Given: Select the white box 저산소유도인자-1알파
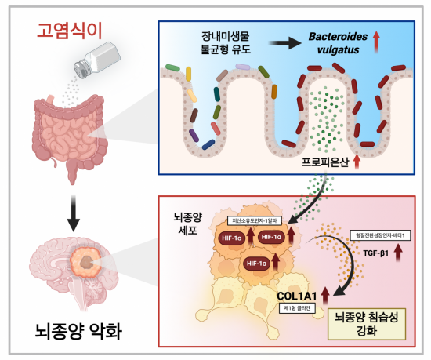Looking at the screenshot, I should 256,221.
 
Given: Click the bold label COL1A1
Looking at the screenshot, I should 297,296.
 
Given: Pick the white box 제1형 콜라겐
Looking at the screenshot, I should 297,309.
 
